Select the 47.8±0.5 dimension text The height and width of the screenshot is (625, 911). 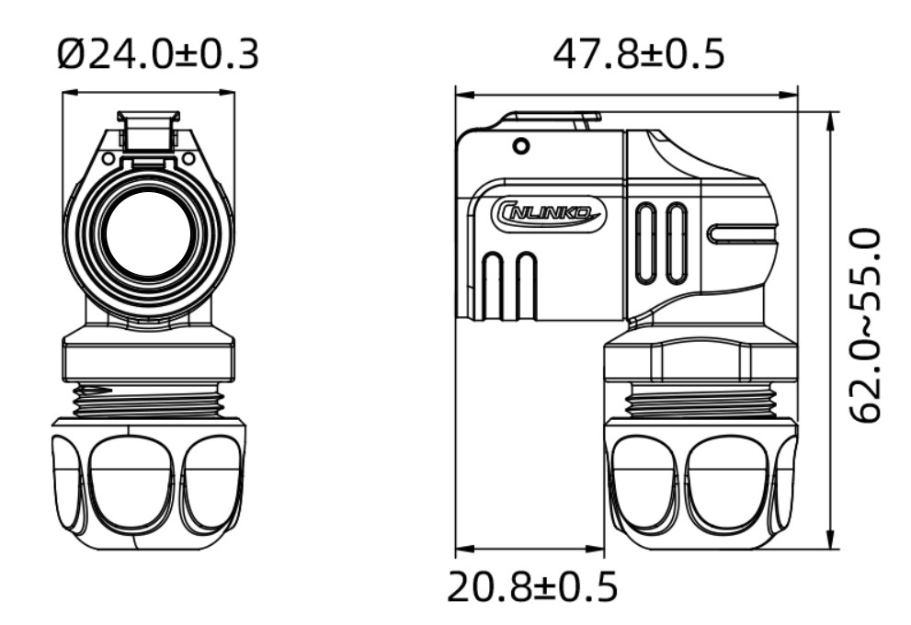(638, 55)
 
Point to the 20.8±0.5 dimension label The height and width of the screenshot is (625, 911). (532, 586)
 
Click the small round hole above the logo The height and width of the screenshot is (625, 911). (520, 146)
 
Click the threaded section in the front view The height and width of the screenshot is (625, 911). (149, 399)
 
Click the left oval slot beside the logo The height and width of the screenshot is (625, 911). (646, 243)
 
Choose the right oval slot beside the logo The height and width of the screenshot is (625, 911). (677, 243)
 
